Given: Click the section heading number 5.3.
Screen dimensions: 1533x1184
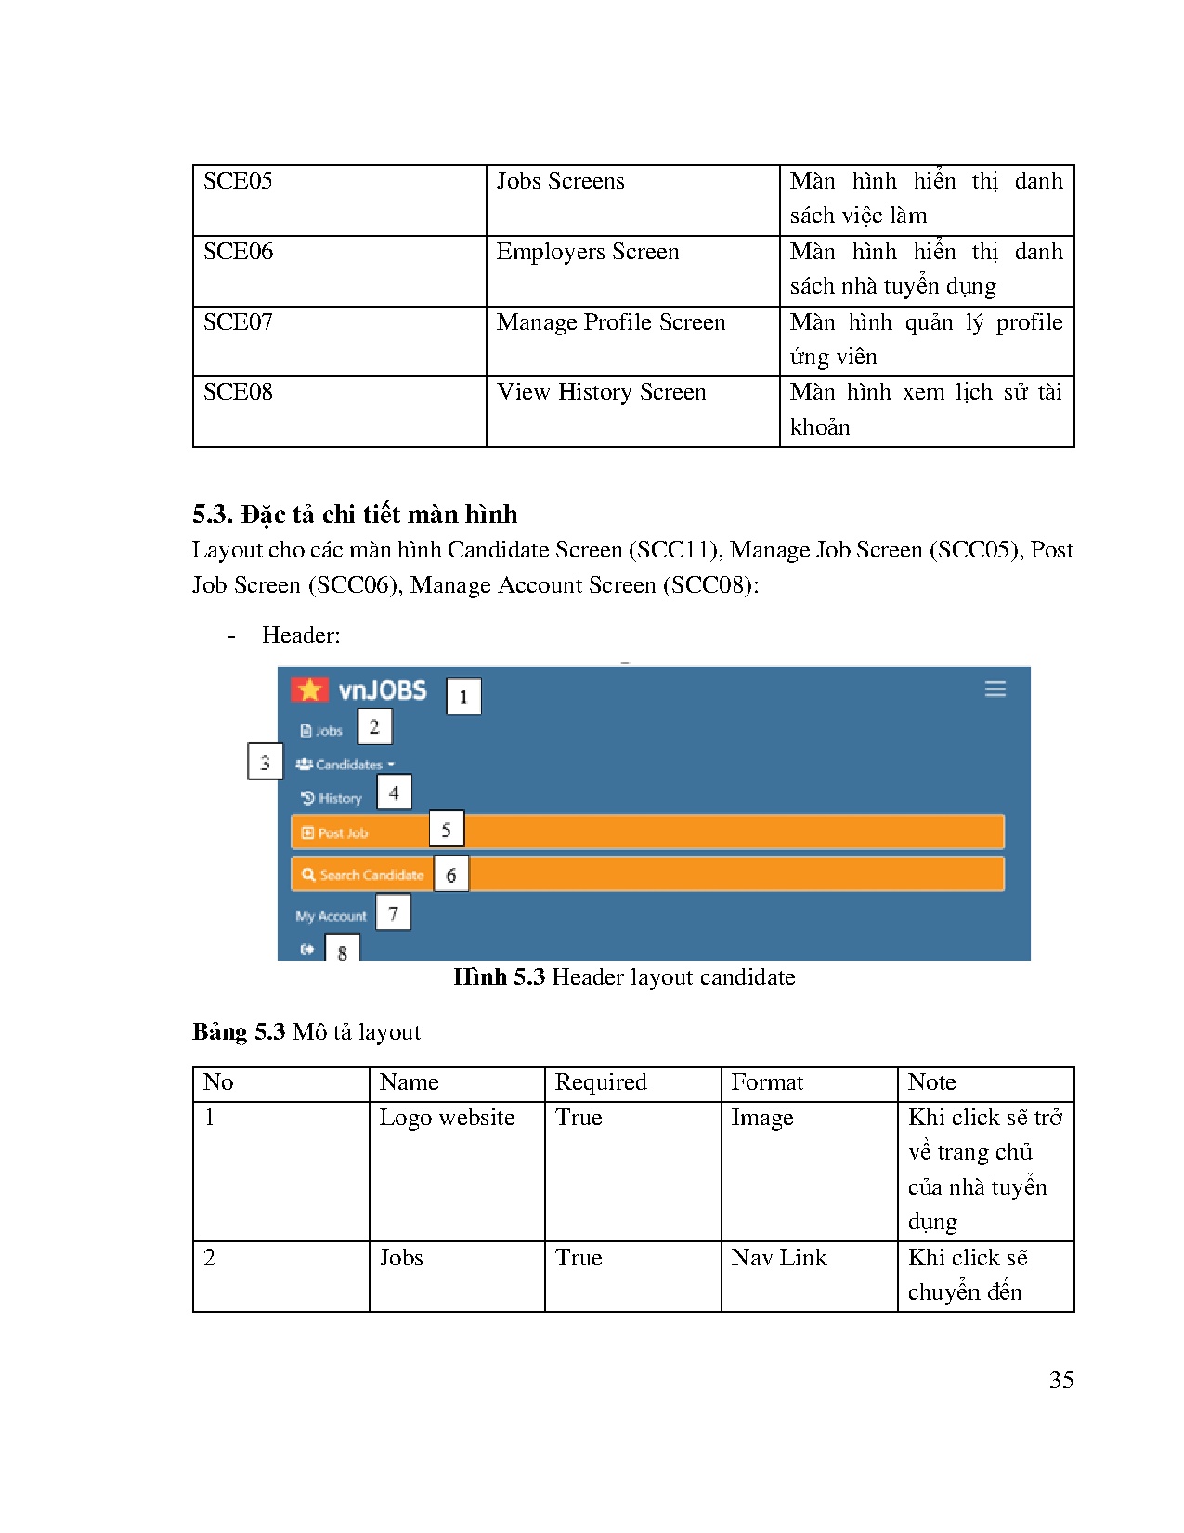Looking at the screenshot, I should pos(213,515).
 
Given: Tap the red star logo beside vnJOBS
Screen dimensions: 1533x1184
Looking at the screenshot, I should pos(310,689).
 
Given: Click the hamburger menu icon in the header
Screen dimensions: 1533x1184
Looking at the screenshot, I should pos(995,689).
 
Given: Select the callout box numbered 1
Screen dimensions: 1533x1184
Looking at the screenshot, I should pos(463,697).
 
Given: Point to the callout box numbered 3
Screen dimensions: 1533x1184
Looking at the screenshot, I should pos(265,762).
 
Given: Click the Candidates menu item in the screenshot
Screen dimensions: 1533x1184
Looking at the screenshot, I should pos(345,765).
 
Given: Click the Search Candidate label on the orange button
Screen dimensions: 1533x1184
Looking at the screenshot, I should pos(370,875).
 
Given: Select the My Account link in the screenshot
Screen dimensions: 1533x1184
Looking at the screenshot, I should pos(331,916).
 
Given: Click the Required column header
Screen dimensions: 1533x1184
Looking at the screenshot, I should pos(600,1082).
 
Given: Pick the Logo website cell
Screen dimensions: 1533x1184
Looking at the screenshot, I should pos(447,1118).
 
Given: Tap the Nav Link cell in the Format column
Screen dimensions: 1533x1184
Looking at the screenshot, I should pos(778,1258).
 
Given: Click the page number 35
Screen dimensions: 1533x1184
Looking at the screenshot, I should pos(1060,1380).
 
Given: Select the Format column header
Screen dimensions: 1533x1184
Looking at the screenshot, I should pos(766,1082).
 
